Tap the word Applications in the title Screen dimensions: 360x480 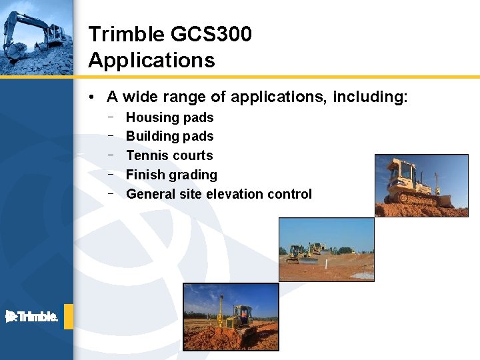click(151, 60)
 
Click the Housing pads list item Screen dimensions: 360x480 click(169, 117)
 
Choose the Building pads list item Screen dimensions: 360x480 click(169, 136)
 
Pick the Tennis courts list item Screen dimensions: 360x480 click(169, 155)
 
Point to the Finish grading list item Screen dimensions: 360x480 click(171, 175)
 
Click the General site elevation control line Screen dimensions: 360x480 click(219, 194)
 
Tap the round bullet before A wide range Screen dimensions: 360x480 click(91, 97)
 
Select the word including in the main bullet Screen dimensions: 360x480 click(370, 97)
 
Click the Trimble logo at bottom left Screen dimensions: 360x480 click(32, 317)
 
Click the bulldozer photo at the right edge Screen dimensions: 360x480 click(421, 185)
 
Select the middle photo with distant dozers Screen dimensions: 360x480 click(326, 249)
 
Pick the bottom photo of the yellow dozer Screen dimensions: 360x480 click(231, 317)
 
